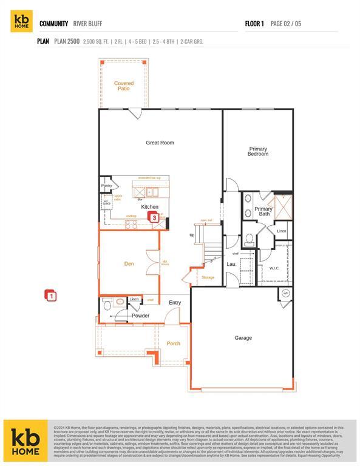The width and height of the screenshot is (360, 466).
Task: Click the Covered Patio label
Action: [x=124, y=86]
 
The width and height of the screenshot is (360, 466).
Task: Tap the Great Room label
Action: [x=160, y=143]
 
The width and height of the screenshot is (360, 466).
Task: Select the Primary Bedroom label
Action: [x=257, y=151]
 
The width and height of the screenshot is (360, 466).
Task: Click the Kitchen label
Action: [x=149, y=207]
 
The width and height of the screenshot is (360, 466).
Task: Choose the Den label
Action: [x=129, y=263]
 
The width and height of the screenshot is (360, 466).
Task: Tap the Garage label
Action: [x=243, y=338]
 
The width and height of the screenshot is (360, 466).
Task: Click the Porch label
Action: [x=174, y=343]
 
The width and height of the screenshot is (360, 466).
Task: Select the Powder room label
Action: [x=140, y=316]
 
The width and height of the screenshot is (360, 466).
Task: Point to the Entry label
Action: [x=175, y=303]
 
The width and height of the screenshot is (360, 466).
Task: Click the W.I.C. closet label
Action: [x=275, y=268]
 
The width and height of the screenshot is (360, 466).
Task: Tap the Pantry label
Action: [x=107, y=186]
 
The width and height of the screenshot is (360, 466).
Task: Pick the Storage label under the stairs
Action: [x=208, y=278]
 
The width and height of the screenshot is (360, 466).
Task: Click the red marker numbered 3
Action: [x=154, y=217]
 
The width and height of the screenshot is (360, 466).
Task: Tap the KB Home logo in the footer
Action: [x=25, y=440]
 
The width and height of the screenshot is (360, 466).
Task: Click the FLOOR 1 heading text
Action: [x=254, y=24]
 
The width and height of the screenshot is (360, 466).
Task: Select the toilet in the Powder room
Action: [x=107, y=306]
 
